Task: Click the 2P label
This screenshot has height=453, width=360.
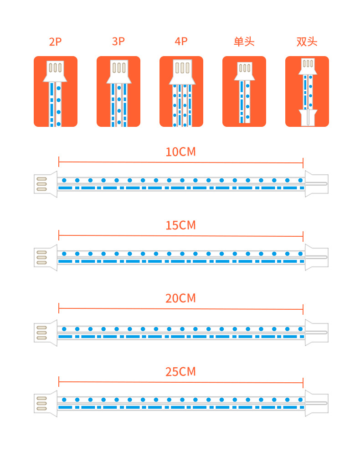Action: [x=56, y=42]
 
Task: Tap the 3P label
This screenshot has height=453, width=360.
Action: [x=118, y=42]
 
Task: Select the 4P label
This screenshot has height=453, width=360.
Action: [x=181, y=42]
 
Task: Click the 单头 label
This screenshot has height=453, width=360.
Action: [x=244, y=42]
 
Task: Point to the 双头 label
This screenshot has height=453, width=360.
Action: [x=307, y=42]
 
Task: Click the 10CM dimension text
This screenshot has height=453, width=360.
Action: [x=181, y=152]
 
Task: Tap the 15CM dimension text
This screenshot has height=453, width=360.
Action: [x=181, y=225]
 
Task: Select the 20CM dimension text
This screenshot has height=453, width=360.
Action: [x=181, y=298]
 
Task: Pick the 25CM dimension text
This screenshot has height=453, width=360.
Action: [x=181, y=372]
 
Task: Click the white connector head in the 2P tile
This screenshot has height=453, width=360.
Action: [x=55, y=71]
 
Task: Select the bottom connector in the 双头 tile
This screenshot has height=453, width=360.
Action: [x=308, y=117]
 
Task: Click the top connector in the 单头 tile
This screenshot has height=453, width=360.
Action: [x=245, y=71]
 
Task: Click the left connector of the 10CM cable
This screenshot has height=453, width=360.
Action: [x=46, y=184]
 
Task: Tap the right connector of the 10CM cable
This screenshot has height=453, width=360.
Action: [x=317, y=184]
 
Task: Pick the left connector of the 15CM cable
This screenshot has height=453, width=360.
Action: [x=46, y=257]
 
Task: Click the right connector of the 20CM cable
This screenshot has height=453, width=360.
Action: [x=317, y=333]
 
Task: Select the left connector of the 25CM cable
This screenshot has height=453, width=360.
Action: [x=46, y=404]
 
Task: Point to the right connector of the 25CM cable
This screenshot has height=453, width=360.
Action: [x=317, y=403]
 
